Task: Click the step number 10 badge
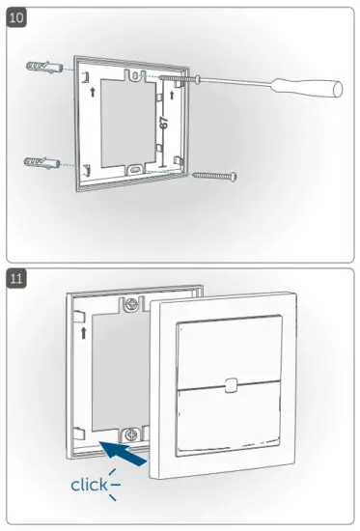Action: tap(18, 18)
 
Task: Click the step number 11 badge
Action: tap(18, 280)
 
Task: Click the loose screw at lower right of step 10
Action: tap(213, 176)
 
